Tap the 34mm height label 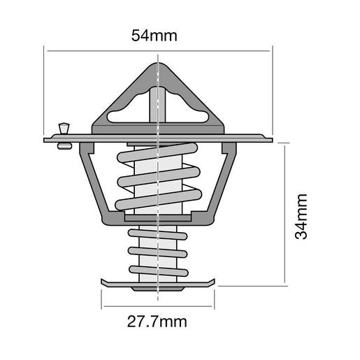tap(301, 217)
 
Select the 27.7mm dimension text tap(158, 322)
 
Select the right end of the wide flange tap(268, 138)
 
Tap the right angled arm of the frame tap(222, 185)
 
